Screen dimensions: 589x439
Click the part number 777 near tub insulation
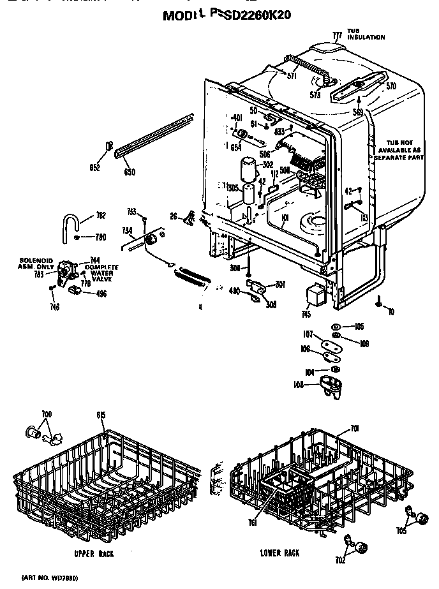[x=337, y=34]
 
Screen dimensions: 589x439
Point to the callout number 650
[x=130, y=172]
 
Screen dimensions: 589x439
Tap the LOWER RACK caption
[x=279, y=553]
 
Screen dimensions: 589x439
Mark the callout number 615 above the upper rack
[x=100, y=415]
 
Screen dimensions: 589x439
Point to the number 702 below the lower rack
[x=340, y=560]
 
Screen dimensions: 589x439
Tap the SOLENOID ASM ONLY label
[x=34, y=264]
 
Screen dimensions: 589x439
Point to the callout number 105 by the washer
[x=359, y=327]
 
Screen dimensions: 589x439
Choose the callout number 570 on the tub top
[x=391, y=86]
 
